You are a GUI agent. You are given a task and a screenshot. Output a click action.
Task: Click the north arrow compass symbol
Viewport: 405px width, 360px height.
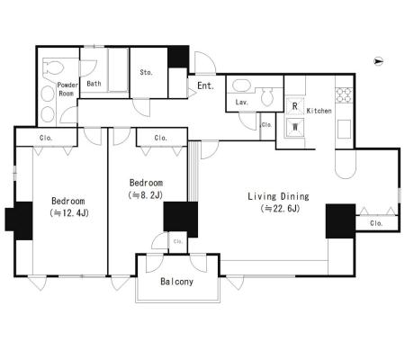(379, 61)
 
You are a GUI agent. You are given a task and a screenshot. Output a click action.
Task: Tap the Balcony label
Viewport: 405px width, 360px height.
(176, 282)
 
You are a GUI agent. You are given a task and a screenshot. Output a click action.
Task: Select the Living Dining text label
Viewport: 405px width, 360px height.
(278, 196)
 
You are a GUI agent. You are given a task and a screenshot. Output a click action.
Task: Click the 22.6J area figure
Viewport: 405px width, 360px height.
(280, 208)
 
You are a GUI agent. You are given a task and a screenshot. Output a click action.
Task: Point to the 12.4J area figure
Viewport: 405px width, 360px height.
(69, 213)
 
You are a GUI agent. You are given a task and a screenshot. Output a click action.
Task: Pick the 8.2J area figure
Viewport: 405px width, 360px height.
(146, 195)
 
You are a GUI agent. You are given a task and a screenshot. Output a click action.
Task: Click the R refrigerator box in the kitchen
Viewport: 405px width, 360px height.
(295, 106)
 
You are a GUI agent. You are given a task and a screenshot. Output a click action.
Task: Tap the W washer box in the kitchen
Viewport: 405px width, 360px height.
(295, 127)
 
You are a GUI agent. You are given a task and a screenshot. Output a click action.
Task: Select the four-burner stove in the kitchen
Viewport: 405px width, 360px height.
(344, 94)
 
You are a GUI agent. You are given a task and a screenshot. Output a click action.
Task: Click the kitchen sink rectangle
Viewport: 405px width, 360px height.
(344, 129)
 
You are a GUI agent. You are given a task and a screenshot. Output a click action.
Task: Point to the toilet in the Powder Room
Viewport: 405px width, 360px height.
(53, 67)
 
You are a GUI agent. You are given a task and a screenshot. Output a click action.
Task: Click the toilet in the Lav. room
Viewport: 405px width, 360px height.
(267, 96)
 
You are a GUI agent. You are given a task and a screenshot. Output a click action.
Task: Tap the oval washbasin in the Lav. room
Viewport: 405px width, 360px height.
(242, 85)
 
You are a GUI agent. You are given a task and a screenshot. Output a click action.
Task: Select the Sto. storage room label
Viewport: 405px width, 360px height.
(147, 72)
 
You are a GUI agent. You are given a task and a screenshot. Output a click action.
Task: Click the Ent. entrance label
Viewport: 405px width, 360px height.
(206, 85)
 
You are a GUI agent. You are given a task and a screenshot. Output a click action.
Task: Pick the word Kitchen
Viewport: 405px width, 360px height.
(319, 111)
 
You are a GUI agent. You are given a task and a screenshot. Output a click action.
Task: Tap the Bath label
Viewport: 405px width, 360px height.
(94, 84)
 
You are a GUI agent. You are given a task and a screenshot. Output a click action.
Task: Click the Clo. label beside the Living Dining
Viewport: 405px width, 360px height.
(376, 223)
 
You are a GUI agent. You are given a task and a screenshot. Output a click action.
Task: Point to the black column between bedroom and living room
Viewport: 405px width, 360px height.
(181, 220)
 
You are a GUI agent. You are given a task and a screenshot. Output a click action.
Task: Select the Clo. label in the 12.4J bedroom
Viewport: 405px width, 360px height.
(46, 138)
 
